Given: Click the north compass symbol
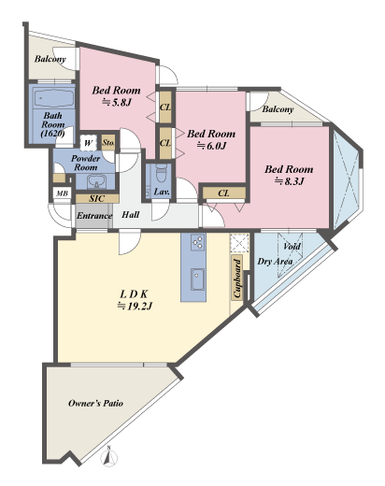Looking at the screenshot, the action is click(109, 457).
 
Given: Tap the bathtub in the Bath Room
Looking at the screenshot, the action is click(53, 98).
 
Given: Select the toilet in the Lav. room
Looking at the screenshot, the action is click(162, 174).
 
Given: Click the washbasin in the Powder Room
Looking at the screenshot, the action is click(96, 181).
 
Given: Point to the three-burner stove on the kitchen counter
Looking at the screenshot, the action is click(198, 242).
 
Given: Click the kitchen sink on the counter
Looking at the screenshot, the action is click(197, 279).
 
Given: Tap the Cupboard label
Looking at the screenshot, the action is click(237, 279).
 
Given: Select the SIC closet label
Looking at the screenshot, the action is click(97, 198).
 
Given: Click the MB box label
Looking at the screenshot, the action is click(62, 193).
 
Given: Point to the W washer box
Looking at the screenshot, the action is click(89, 143).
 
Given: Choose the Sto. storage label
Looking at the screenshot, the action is click(108, 143).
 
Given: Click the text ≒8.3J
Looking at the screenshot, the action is click(289, 181).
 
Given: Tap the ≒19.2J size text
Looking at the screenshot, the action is click(135, 307).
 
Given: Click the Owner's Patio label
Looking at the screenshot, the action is click(95, 403).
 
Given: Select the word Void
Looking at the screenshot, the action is click(292, 247).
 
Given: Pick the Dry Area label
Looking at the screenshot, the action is click(275, 262).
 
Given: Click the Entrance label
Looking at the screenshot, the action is click(94, 216).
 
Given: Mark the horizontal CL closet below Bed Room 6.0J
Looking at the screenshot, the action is click(224, 193).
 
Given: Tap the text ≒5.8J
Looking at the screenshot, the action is click(117, 102).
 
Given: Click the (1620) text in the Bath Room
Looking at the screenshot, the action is click(53, 134).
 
